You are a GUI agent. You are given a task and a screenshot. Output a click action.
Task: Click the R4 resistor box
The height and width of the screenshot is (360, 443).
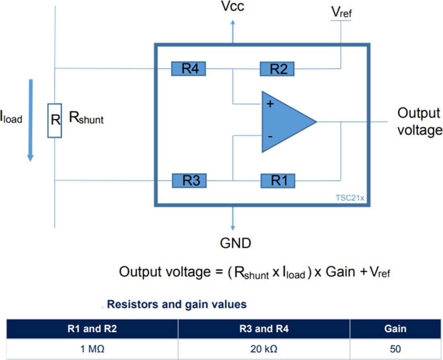tap(189, 69)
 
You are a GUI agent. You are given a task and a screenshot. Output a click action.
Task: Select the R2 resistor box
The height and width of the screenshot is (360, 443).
tap(277, 69)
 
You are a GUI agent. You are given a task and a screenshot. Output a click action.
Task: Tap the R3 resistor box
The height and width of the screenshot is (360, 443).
tap(189, 180)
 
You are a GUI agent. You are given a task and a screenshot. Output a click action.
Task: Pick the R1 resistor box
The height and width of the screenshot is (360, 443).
tap(278, 180)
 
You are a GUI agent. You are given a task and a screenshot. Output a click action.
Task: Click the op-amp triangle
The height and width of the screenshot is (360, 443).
tap(285, 122)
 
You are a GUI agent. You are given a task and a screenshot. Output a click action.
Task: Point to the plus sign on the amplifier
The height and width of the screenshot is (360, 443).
tap(269, 104)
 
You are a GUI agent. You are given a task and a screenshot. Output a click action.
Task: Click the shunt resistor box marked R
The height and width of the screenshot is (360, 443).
tap(55, 120)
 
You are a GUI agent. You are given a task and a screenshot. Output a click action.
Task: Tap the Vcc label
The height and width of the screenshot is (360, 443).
tap(232, 7)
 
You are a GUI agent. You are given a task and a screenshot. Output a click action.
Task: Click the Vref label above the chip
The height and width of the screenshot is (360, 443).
tap(341, 12)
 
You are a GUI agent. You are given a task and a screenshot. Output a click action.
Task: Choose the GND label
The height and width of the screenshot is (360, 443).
tap(235, 243)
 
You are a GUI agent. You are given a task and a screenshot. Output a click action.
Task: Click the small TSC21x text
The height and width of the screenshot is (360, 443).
tap(349, 198)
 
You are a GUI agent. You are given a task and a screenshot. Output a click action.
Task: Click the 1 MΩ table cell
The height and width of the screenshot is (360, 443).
tap(92, 349)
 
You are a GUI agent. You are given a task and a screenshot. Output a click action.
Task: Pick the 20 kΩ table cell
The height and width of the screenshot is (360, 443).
tap(264, 349)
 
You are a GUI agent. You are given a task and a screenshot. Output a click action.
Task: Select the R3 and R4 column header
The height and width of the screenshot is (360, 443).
tap(264, 329)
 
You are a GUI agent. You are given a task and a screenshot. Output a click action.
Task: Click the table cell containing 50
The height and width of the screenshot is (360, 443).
tap(395, 349)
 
